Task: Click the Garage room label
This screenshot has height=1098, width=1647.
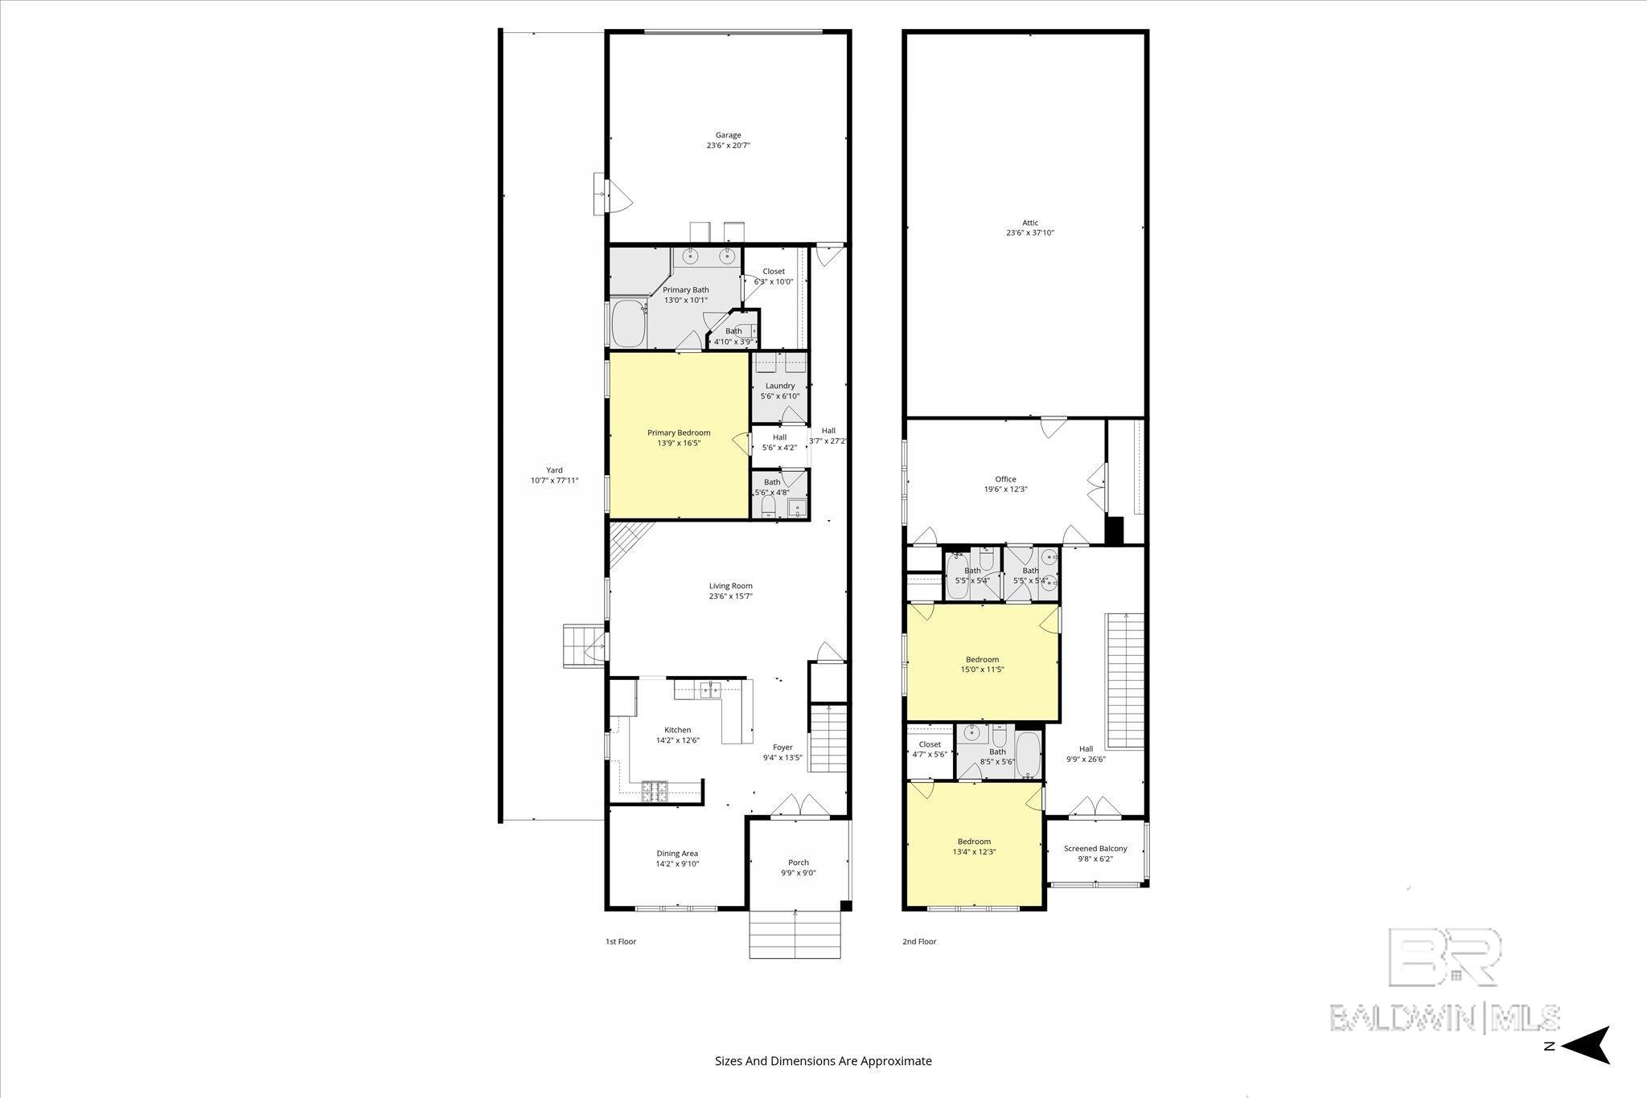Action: click(729, 135)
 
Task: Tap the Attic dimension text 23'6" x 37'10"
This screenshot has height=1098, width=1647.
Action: click(1029, 233)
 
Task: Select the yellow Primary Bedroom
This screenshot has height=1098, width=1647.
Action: click(679, 466)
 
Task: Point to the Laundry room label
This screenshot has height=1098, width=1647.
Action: click(780, 386)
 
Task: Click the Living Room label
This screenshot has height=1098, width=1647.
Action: click(730, 586)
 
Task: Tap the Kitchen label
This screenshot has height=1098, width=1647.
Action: click(677, 730)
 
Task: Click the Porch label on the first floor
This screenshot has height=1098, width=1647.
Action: click(798, 862)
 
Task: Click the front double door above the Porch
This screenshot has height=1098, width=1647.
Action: click(799, 806)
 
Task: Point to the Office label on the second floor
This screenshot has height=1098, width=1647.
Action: click(1005, 479)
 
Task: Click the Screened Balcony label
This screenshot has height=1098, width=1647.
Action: click(1095, 848)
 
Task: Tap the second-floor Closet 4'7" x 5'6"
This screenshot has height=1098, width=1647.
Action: click(930, 749)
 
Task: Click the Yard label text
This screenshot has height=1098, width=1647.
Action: click(554, 470)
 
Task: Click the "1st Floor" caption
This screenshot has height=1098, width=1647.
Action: click(620, 941)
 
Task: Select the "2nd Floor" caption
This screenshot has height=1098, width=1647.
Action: click(919, 941)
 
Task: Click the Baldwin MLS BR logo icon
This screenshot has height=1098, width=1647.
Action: click(1444, 957)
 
